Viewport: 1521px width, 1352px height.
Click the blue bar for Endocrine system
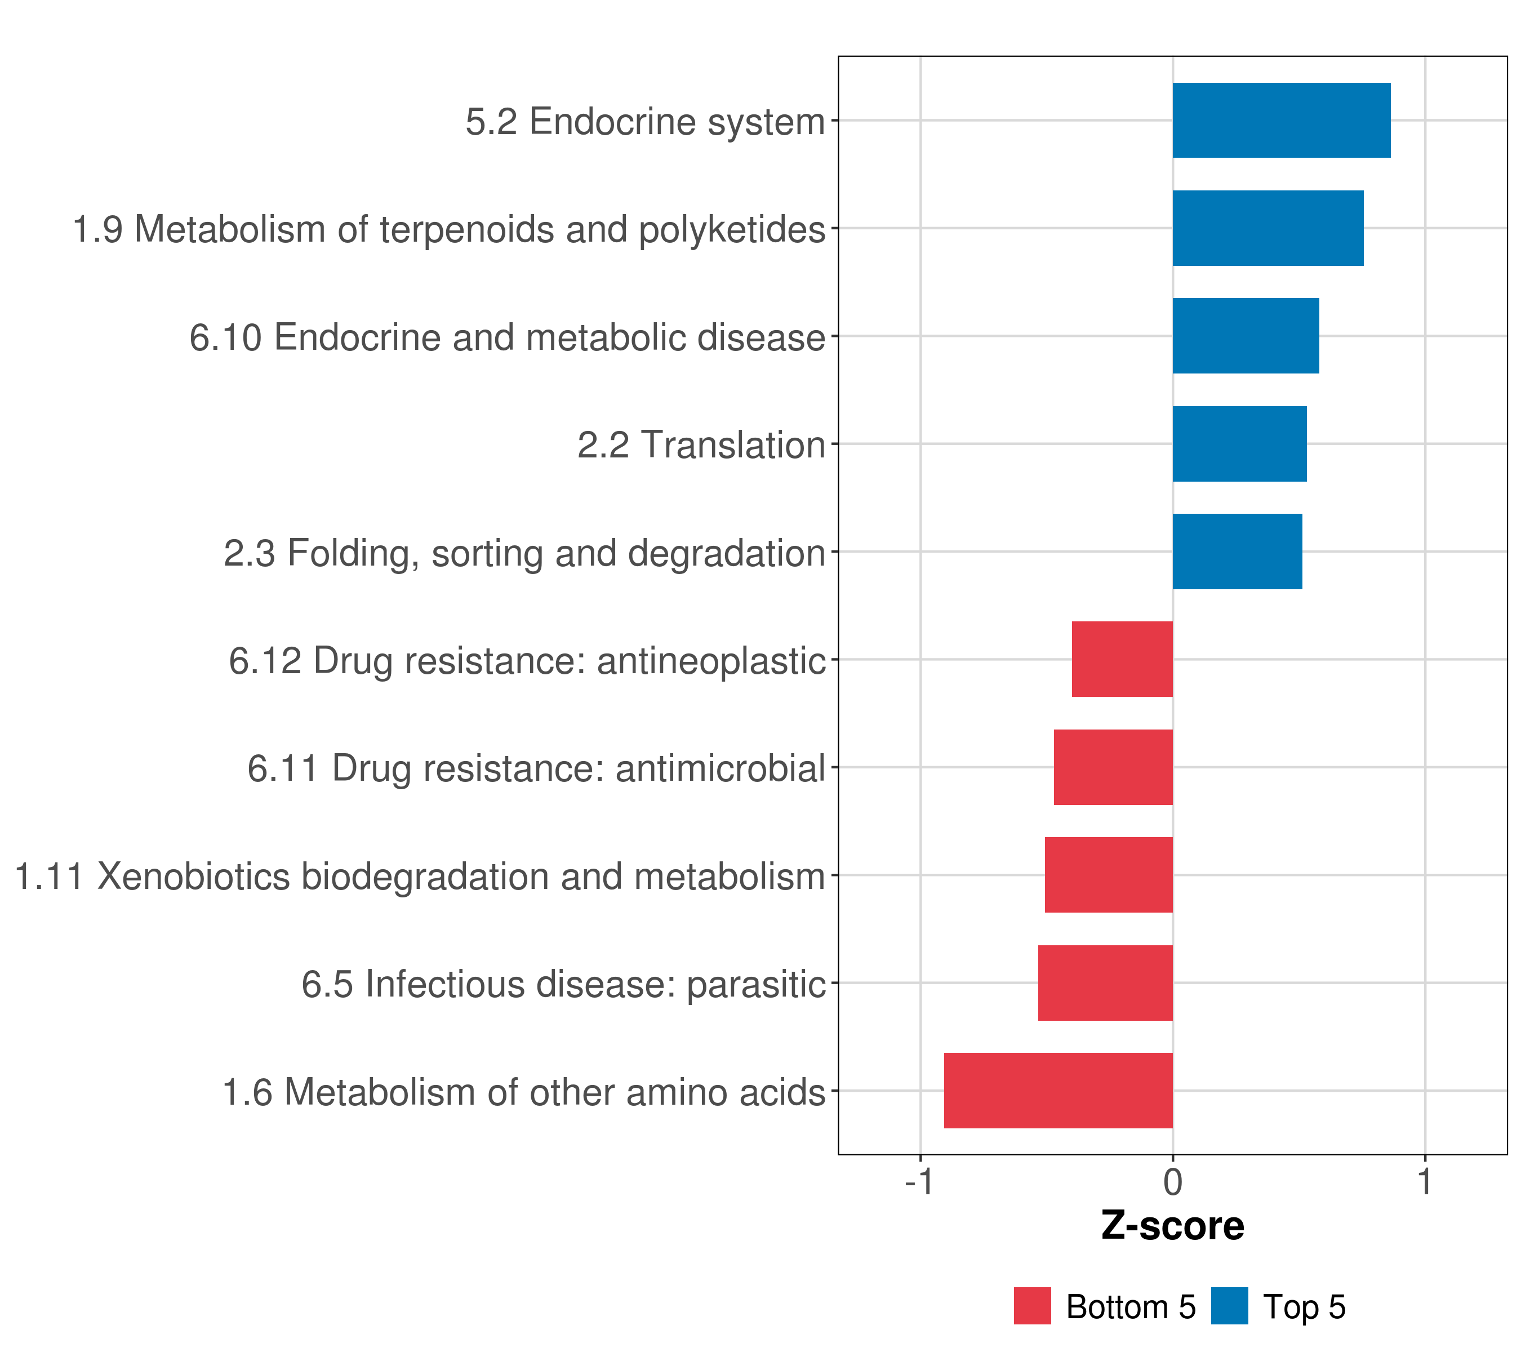(x=1282, y=121)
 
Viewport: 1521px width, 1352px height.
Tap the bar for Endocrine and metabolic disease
(x=1246, y=336)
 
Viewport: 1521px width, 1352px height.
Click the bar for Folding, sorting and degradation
(x=1238, y=552)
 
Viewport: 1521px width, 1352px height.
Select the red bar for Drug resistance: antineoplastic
(x=1122, y=659)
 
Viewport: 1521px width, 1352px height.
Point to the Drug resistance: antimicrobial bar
(x=1113, y=767)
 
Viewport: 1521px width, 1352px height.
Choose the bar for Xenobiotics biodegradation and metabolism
(x=1109, y=875)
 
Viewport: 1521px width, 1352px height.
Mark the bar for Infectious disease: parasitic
(x=1105, y=983)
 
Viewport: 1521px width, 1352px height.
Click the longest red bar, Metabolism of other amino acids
(x=1058, y=1091)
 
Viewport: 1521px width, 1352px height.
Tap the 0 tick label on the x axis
(x=1173, y=1182)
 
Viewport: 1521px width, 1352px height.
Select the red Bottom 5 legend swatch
(x=1032, y=1306)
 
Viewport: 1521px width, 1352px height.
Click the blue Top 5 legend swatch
(x=1229, y=1306)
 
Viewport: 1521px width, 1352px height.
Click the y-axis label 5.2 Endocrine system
(x=645, y=121)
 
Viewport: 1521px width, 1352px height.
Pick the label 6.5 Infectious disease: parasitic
(x=563, y=984)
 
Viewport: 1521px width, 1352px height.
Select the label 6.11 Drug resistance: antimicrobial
(x=536, y=768)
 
